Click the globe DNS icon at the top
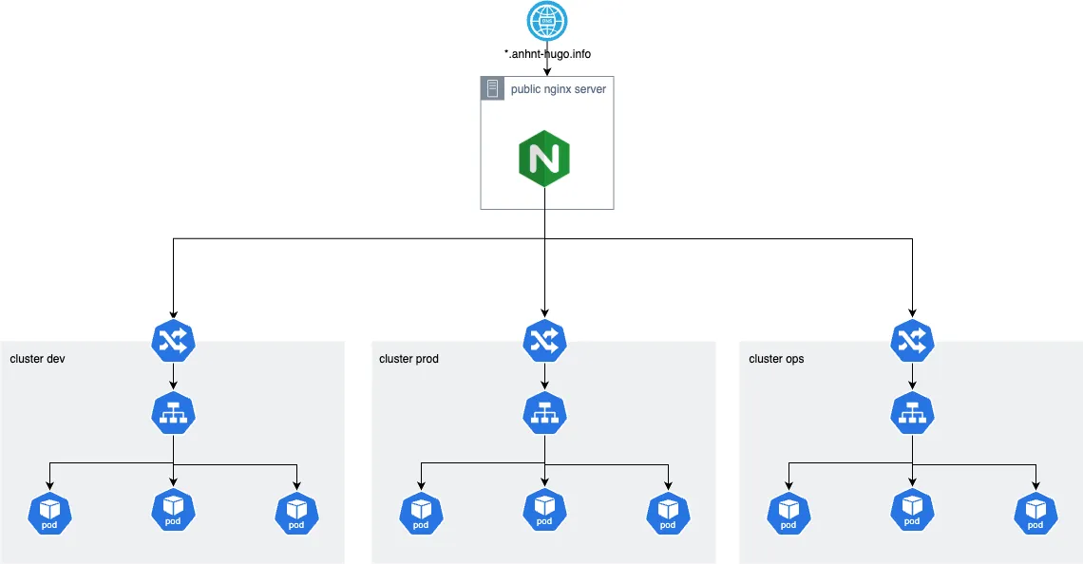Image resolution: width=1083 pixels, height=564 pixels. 547,21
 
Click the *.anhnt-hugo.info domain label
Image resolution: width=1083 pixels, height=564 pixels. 547,54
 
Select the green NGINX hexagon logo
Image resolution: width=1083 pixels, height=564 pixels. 544,158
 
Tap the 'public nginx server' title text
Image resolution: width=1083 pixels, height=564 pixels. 558,89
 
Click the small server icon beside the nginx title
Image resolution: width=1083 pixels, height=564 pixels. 492,89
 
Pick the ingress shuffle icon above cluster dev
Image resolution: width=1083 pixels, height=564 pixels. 173,341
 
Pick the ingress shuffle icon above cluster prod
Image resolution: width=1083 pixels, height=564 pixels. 544,341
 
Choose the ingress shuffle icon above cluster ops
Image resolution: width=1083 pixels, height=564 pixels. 913,341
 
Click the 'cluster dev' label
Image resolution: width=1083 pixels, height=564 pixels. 37,359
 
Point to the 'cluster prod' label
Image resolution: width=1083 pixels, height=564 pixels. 408,359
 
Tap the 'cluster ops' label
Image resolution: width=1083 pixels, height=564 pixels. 776,359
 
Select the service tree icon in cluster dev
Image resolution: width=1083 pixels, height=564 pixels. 173,412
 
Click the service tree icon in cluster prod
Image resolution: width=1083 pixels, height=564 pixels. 544,412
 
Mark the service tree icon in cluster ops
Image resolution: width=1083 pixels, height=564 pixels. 913,412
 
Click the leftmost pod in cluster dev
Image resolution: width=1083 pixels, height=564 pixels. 50,512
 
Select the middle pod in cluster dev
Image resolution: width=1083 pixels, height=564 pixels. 173,510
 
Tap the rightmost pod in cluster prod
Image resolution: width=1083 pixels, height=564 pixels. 668,512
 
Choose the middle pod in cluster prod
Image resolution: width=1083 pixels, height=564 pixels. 544,510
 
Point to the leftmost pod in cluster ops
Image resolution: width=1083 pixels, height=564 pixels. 789,512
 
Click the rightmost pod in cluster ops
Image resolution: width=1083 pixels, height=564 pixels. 1036,512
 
